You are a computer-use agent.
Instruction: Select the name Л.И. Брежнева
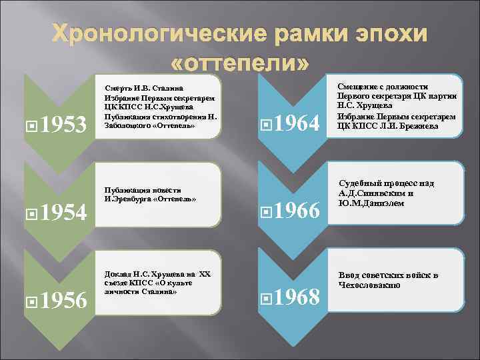[x=410, y=125]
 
